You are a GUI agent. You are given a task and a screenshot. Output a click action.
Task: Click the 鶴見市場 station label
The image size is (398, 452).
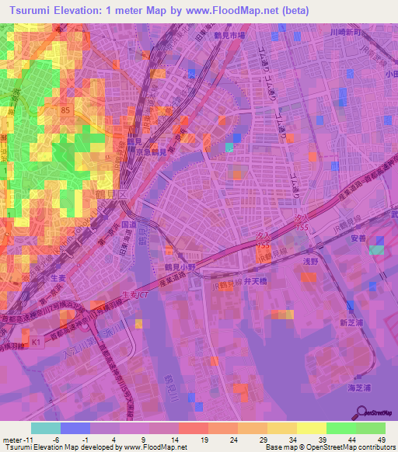click(x=231, y=36)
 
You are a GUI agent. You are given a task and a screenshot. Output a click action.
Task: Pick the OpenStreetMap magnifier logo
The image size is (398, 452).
click(x=363, y=413)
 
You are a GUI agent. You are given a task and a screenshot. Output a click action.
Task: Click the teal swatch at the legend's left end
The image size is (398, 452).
click(x=46, y=428)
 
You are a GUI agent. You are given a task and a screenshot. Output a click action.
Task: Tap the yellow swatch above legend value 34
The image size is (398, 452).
click(x=282, y=428)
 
